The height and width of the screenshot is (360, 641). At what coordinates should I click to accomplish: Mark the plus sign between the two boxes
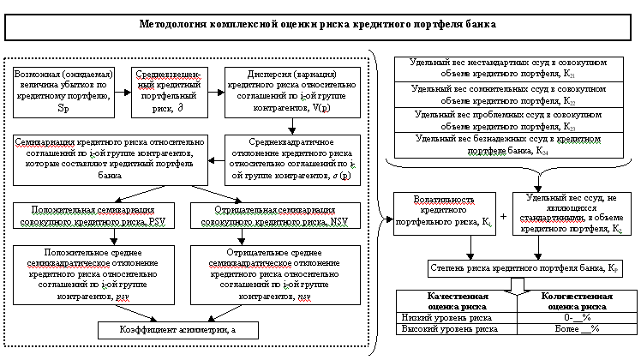[503, 215]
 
